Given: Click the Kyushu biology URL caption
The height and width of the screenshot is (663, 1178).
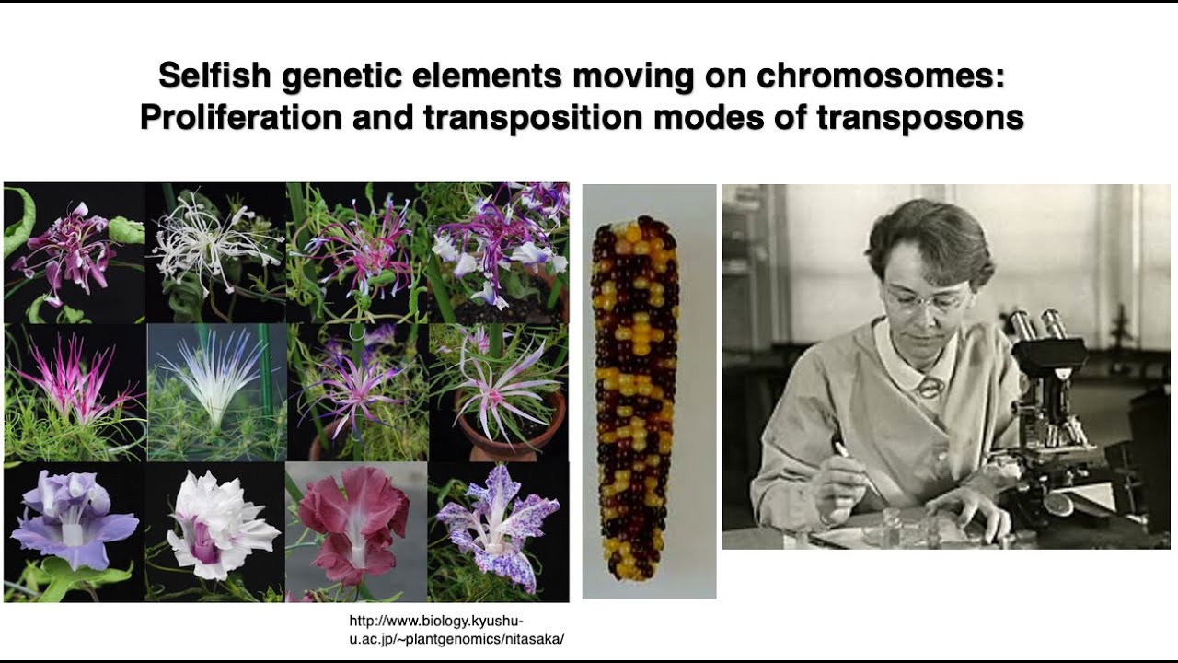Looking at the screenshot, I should tap(456, 629).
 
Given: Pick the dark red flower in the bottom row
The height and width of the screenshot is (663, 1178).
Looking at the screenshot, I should tap(354, 525).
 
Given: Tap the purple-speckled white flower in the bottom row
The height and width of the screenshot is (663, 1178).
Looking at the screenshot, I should tap(497, 529).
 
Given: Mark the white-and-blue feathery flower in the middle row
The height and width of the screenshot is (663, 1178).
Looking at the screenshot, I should tap(217, 378).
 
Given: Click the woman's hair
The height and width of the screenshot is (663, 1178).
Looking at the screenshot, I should tap(920, 235).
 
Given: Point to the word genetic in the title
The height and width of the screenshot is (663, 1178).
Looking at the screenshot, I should tap(337, 76).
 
